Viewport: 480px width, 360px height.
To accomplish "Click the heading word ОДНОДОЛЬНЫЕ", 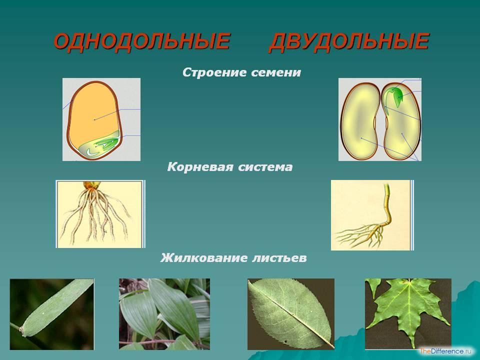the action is coord(141,41).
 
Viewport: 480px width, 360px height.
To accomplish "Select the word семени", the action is coord(276,73).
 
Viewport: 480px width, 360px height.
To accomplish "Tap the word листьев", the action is coord(279,258).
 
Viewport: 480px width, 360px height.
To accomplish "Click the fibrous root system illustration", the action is coord(100,214).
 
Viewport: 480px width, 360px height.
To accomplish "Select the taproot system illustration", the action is coord(372,215).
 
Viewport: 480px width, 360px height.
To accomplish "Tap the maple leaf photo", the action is coord(408,313).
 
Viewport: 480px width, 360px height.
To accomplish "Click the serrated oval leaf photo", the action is coord(291,314).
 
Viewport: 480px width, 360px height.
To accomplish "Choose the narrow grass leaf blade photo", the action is coord(51,314).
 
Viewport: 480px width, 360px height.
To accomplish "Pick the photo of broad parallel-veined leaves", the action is coord(164,314).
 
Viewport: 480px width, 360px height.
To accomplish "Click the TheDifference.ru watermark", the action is coord(445,351).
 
